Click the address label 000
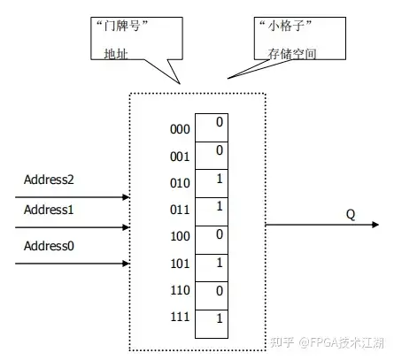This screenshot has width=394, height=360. (x=179, y=128)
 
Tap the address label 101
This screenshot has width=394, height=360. (x=179, y=262)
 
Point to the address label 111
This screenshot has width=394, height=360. (x=179, y=316)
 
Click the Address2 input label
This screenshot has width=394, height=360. (x=49, y=180)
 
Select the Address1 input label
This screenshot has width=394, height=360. (x=49, y=210)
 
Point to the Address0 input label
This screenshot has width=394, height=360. (x=49, y=244)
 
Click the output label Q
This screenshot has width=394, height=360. (x=351, y=213)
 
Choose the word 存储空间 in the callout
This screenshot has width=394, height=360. (x=285, y=54)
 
